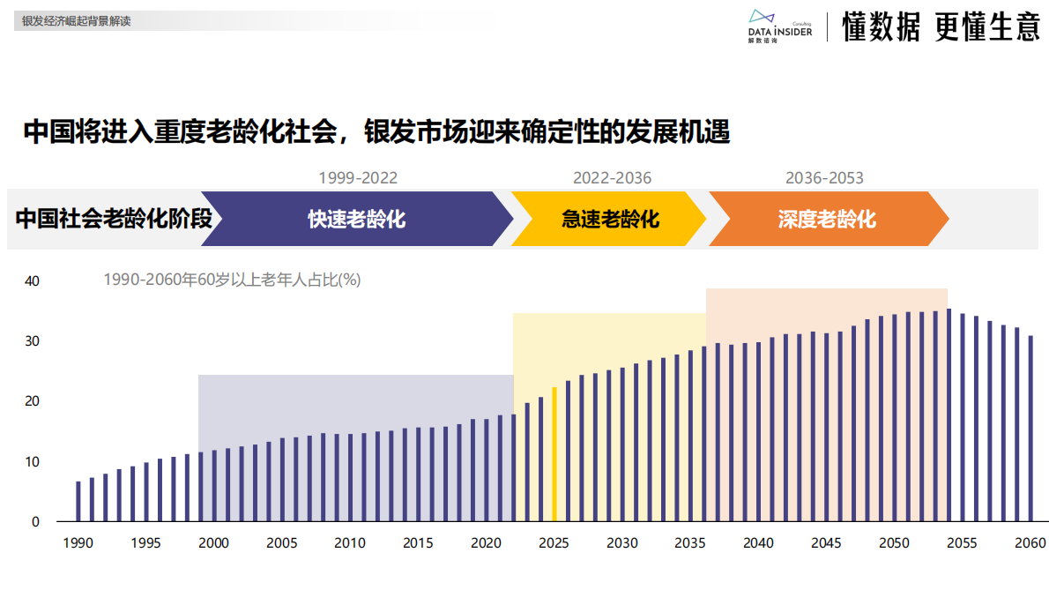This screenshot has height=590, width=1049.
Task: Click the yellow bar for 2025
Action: [x=554, y=455]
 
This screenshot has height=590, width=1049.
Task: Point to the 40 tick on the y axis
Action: [x=32, y=281]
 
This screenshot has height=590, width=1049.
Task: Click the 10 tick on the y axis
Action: [x=32, y=462]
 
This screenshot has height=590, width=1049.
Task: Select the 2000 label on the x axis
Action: [x=214, y=542]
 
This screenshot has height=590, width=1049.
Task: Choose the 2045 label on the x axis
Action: [x=826, y=542]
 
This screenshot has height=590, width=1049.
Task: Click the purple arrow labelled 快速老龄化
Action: [x=356, y=219]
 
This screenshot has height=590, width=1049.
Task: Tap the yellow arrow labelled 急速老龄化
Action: [x=609, y=219]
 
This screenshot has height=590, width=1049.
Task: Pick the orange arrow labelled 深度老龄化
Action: [x=827, y=219]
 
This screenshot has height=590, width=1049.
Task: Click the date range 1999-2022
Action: [x=358, y=178]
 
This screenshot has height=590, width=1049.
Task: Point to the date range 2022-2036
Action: [x=612, y=178]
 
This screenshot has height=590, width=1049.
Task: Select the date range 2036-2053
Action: [x=824, y=178]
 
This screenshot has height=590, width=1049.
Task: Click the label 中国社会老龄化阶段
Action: [x=114, y=219]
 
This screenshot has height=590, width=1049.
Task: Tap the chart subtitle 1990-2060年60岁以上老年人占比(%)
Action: [x=232, y=280]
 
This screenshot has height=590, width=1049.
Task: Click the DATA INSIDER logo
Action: [x=779, y=26]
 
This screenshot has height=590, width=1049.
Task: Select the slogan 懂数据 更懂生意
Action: [x=941, y=27]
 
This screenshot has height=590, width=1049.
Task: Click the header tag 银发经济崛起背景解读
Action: [x=77, y=20]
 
